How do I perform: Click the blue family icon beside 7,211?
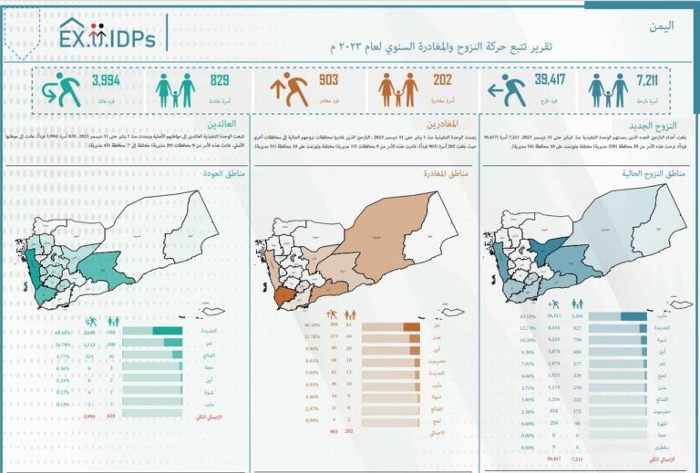pos(607,90)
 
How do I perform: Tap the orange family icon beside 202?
pos(398,90)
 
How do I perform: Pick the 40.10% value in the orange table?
pos(289,325)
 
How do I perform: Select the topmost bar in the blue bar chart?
pos(633,316)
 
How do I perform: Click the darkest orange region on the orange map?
pos(285,297)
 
